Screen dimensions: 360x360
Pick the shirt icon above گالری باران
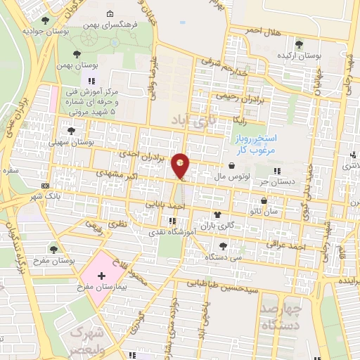pos(217,215)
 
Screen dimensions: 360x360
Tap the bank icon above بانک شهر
pos(46,185)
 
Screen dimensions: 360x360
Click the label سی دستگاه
pos(223,257)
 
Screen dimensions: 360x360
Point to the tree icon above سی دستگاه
pos(223,245)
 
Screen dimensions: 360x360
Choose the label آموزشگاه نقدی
pos(165,231)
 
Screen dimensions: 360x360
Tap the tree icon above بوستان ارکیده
pos(299,44)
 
